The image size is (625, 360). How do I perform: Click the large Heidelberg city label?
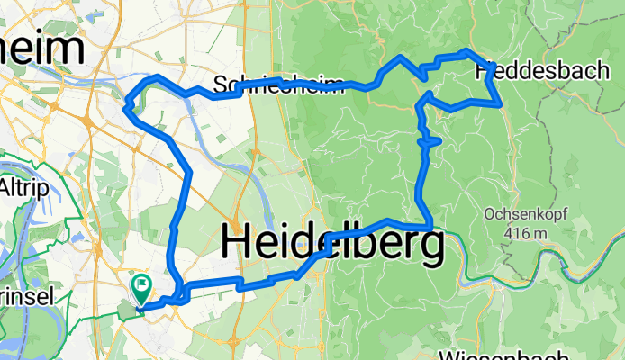[331, 244]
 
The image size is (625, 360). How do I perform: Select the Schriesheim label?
[279, 86]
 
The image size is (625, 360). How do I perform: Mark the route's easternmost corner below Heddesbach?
[501, 104]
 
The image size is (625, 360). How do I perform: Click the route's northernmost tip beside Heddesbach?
[465, 51]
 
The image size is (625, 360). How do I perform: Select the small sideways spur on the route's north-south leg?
[430, 140]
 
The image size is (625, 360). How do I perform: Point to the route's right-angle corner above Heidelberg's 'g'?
[431, 224]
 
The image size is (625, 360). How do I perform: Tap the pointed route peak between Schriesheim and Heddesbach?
[399, 57]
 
